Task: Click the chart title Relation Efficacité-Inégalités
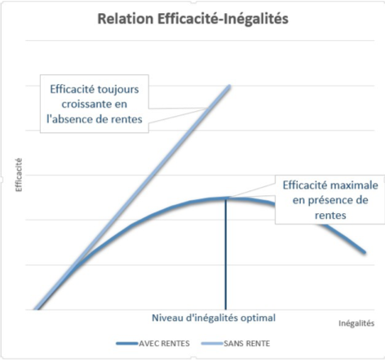tap(193, 17)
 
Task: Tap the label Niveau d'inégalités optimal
tap(215, 318)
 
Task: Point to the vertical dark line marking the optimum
tap(224, 261)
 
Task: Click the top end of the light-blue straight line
tap(229, 86)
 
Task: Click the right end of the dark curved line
tap(365, 252)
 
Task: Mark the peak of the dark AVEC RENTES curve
tap(224, 198)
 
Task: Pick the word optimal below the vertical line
tap(259, 318)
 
